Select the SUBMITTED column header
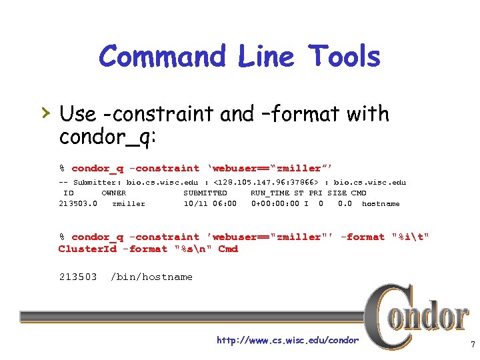[x=205, y=193]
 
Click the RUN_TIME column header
[x=270, y=193]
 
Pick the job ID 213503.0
[x=78, y=204]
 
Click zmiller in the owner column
[x=129, y=204]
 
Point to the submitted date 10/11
[x=196, y=204]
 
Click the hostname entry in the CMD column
[x=381, y=204]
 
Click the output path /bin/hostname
[x=151, y=277]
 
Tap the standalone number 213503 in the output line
[x=78, y=277]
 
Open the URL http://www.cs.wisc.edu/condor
[x=287, y=341]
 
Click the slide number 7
[x=472, y=345]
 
